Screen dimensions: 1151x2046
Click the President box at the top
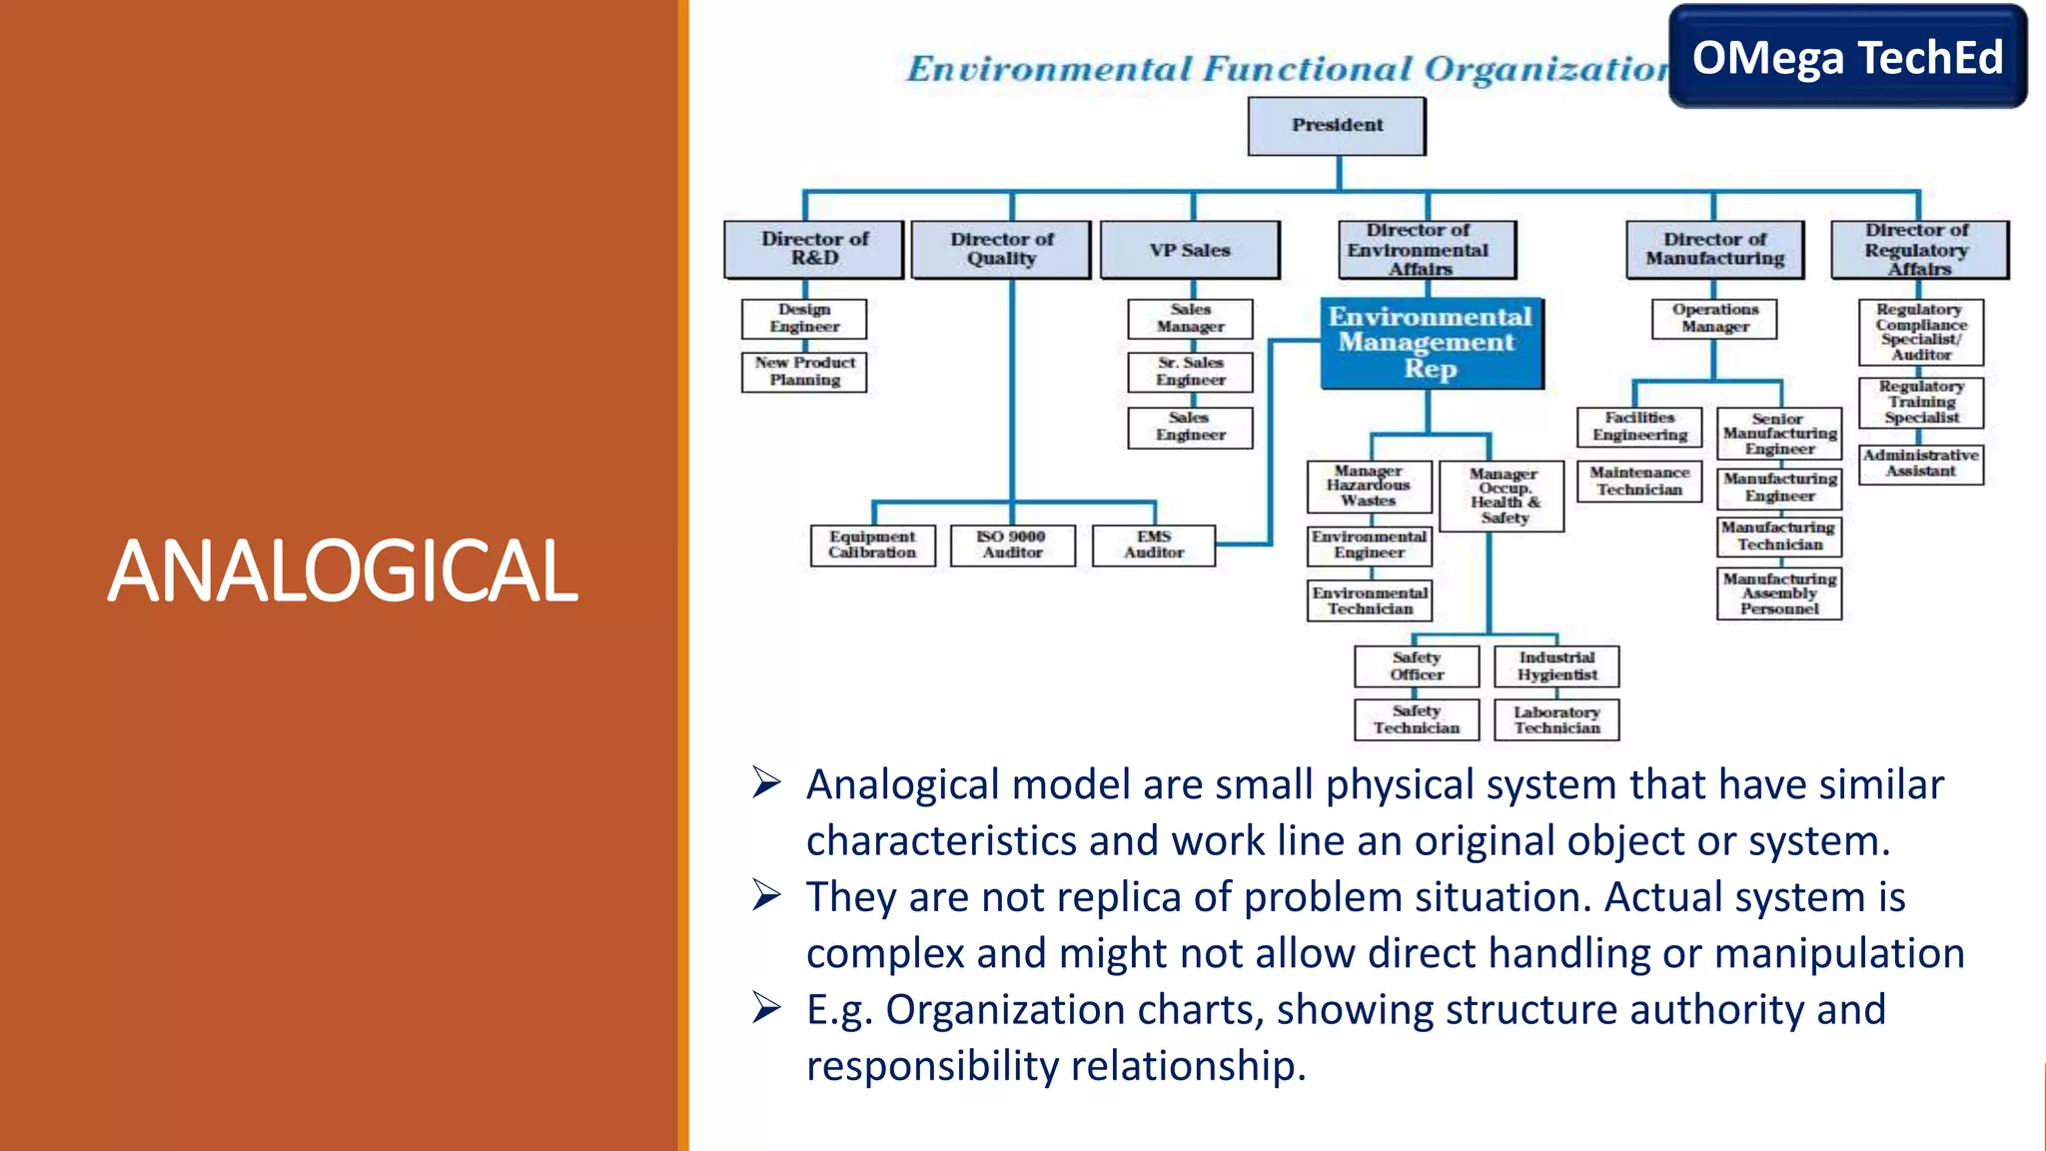[x=1337, y=126]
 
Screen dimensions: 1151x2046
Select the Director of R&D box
[x=814, y=249]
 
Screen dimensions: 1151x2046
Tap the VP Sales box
[x=1189, y=250]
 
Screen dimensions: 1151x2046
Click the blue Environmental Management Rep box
[x=1431, y=343]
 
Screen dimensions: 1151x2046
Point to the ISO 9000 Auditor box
[x=1012, y=545]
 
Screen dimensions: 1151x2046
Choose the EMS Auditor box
[x=1154, y=545]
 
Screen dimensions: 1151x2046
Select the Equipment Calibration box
[x=872, y=545]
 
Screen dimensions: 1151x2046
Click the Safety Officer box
[x=1417, y=666]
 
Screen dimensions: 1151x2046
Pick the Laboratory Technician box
[x=1556, y=719]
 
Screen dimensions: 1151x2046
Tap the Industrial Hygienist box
[x=1556, y=666]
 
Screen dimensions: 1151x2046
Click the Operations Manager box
[x=1714, y=319]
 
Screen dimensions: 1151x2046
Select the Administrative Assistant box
[x=1920, y=464]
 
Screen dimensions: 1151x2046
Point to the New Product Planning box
[x=804, y=372]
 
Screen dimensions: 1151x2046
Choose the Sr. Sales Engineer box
[x=1190, y=372]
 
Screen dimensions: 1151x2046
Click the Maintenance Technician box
[x=1639, y=482]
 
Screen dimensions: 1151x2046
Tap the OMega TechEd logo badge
[x=1847, y=57]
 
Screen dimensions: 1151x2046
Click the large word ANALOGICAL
[x=342, y=572]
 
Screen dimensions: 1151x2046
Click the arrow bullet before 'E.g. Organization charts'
[x=766, y=1008]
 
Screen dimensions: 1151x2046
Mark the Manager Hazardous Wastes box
[x=1369, y=486]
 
